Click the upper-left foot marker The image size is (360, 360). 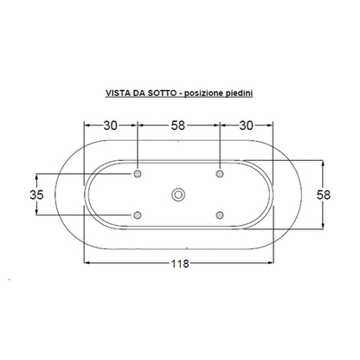click(x=138, y=174)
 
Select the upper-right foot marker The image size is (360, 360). click(x=220, y=174)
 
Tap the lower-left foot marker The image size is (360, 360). click(x=138, y=215)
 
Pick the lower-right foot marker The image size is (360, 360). click(x=220, y=215)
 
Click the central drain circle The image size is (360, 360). click(x=178, y=195)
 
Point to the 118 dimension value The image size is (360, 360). click(x=180, y=263)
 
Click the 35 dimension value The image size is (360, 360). click(x=36, y=195)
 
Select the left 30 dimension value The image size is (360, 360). click(x=111, y=125)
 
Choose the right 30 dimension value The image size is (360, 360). click(x=247, y=125)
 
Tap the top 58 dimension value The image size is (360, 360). click(x=178, y=125)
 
